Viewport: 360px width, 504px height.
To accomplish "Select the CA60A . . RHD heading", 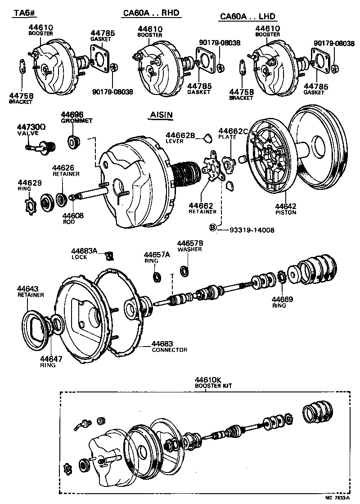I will coord(151,13).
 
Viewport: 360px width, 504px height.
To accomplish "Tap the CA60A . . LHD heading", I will coord(247,17).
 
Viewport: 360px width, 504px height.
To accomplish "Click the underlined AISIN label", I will coord(161,115).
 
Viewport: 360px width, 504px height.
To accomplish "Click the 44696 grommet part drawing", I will coord(72,142).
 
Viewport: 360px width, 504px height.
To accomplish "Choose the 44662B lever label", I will coord(180,138).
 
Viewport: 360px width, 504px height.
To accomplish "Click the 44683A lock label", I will coord(84,253).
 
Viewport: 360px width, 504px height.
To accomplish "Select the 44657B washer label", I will coord(189,246).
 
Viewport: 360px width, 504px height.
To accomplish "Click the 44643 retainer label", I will coord(30,292).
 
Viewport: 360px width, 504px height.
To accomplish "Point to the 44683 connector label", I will coord(169,346).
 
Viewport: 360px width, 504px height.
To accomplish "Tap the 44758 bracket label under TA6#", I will coord(21,98).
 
